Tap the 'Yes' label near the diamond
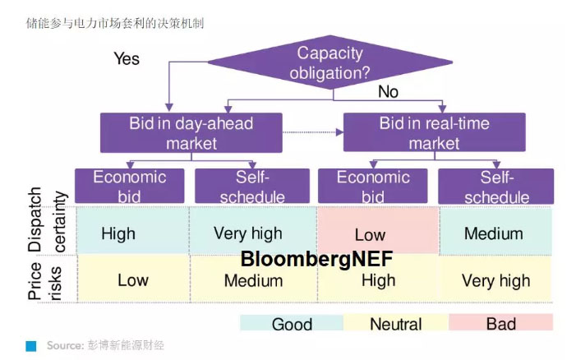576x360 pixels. pyautogui.click(x=127, y=58)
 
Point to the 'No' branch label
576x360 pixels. pyautogui.click(x=388, y=92)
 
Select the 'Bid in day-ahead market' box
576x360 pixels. pyautogui.click(x=191, y=132)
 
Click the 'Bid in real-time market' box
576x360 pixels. pyautogui.click(x=434, y=132)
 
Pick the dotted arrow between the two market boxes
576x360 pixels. pyautogui.click(x=312, y=131)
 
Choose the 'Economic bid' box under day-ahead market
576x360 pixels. pyautogui.click(x=130, y=186)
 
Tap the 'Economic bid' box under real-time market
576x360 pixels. pyautogui.click(x=373, y=186)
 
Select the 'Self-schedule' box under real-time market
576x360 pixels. pyautogui.click(x=495, y=186)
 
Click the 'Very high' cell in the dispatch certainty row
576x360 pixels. pyautogui.click(x=247, y=233)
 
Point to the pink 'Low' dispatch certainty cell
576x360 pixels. pyautogui.click(x=370, y=233)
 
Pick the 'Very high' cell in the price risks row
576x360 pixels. pyautogui.click(x=495, y=281)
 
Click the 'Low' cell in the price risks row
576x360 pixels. pyautogui.click(x=132, y=280)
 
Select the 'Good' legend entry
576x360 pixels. pyautogui.click(x=292, y=323)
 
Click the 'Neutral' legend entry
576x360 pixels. pyautogui.click(x=395, y=323)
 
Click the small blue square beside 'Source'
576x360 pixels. pyautogui.click(x=31, y=346)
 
